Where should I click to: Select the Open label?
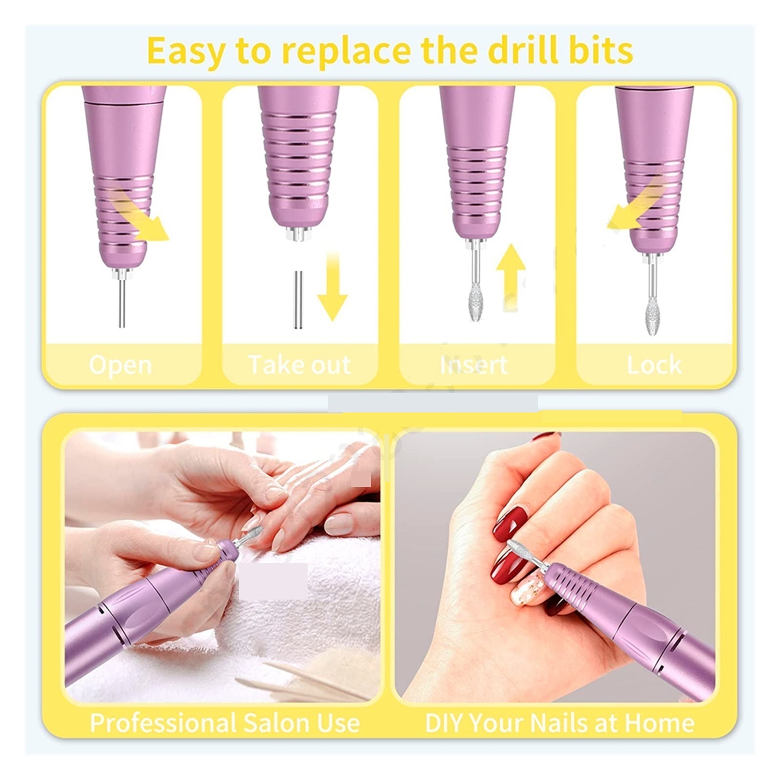[120, 365]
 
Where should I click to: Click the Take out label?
[299, 365]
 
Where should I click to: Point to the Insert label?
[473, 365]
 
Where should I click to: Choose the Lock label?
[654, 365]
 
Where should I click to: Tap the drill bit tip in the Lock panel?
[652, 317]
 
